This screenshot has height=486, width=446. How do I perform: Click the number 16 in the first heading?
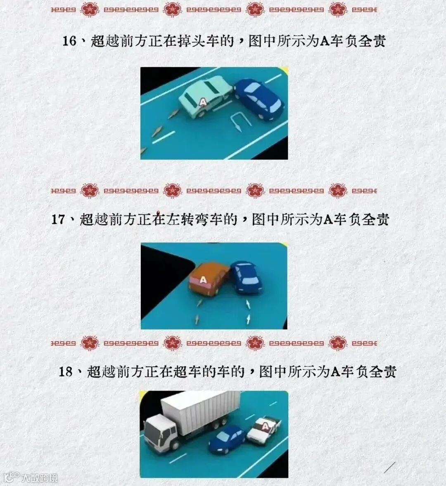tap(69, 41)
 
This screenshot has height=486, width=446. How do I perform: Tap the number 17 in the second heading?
tap(58, 219)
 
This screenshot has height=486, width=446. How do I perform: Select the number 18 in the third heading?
tap(66, 371)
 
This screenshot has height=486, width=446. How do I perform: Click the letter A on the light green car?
tap(203, 102)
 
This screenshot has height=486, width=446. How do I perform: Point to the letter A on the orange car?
tap(203, 280)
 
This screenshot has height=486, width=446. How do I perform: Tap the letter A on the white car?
tap(266, 427)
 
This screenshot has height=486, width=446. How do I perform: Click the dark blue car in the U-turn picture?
tap(259, 99)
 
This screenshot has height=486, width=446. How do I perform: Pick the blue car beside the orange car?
tap(247, 277)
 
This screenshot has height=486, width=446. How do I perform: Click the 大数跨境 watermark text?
tap(39, 478)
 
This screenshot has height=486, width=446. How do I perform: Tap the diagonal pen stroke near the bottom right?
tap(389, 467)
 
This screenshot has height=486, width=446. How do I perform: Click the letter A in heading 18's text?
tap(336, 372)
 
